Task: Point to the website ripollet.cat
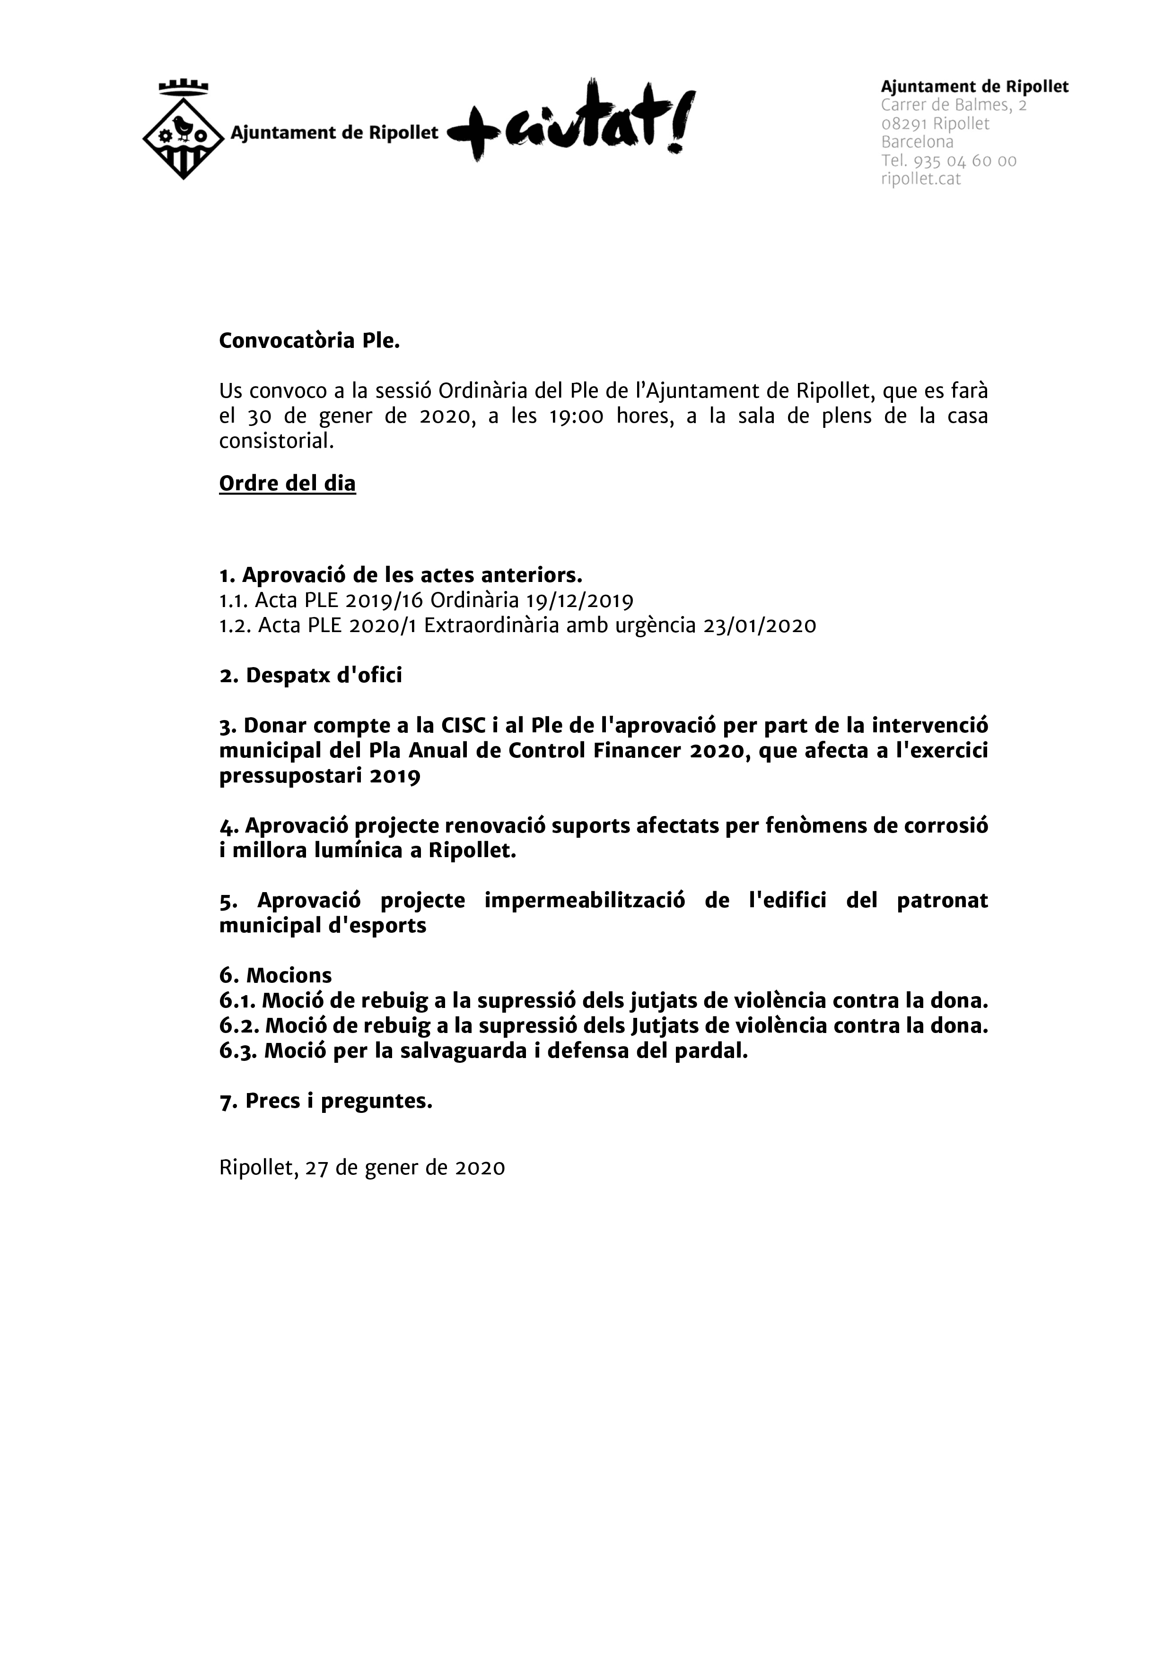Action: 921,179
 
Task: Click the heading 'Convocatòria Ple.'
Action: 309,341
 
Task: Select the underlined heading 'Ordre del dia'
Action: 288,483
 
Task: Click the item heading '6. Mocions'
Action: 275,976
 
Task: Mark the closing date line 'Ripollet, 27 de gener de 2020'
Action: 362,1168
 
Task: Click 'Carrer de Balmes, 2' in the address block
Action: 954,105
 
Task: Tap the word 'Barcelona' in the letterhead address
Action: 917,142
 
